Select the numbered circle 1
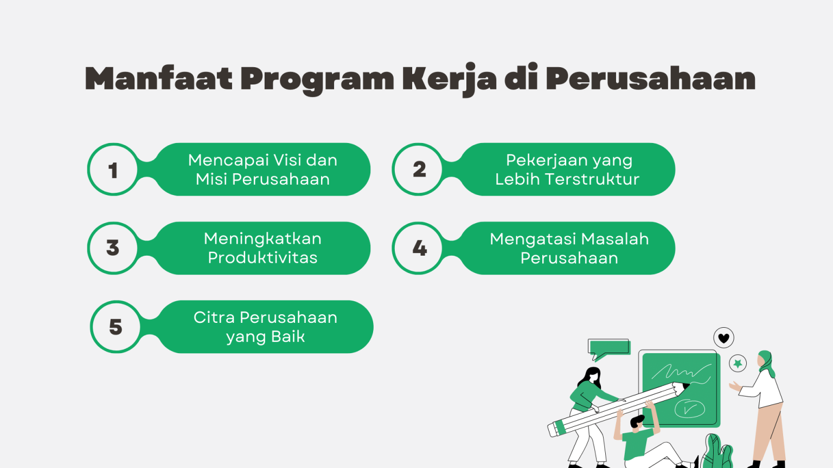113,170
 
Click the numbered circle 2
419,170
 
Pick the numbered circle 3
113,248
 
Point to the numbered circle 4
419,248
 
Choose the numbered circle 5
116,327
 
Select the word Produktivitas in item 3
262,258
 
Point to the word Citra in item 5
214,317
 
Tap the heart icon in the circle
723,338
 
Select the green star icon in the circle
738,363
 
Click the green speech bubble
608,348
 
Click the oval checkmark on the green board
689,408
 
